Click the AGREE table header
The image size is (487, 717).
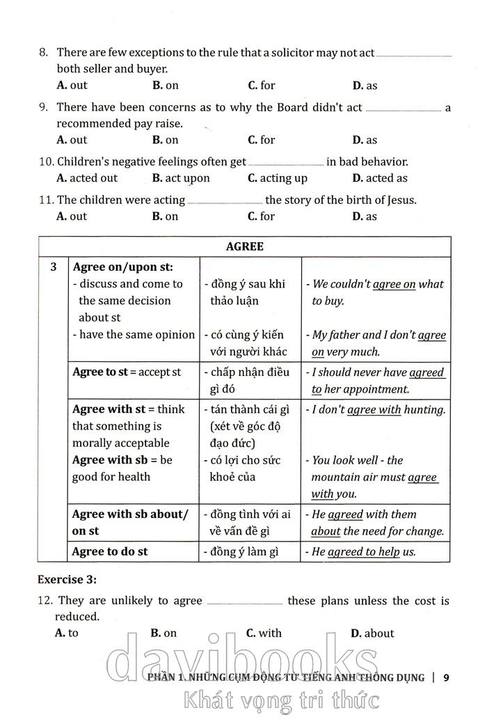tap(244, 247)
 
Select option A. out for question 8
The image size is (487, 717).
tap(72, 86)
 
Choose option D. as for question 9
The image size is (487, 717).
tap(365, 140)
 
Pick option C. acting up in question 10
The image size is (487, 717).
tap(278, 178)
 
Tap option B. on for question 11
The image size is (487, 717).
tap(165, 216)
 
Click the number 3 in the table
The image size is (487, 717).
tap(53, 267)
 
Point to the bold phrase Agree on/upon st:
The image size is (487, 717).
tap(122, 267)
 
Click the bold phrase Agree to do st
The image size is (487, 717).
tap(110, 551)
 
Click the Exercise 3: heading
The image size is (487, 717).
tap(67, 579)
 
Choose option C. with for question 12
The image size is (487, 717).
tap(264, 633)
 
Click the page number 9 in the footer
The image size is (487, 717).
tap(447, 677)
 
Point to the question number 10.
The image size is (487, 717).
tap(46, 162)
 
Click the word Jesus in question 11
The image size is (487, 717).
tap(399, 200)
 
